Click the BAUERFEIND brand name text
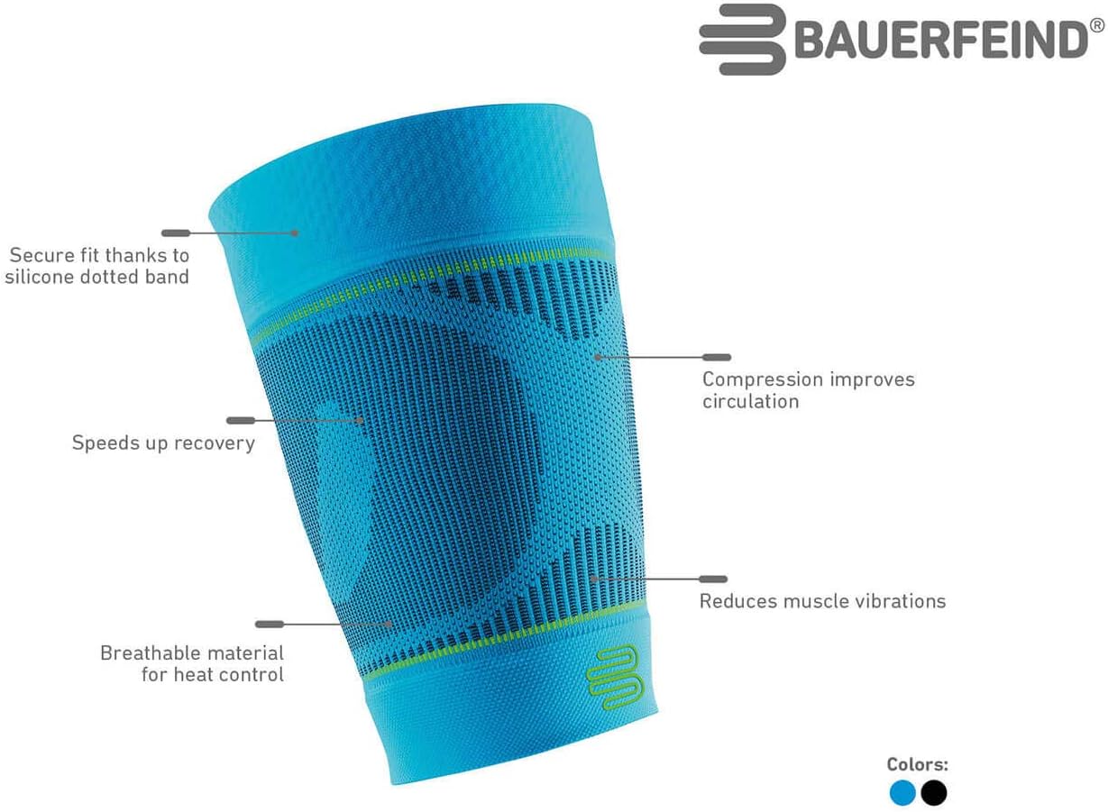pyautogui.click(x=941, y=41)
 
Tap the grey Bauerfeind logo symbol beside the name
pyautogui.click(x=742, y=40)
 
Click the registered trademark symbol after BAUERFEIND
pyautogui.click(x=1097, y=26)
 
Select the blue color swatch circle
pyautogui.click(x=902, y=793)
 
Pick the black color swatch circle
pyautogui.click(x=934, y=793)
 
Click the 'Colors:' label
pyautogui.click(x=918, y=765)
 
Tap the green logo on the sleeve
pyautogui.click(x=612, y=671)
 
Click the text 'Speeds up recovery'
pyautogui.click(x=163, y=443)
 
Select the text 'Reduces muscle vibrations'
pyautogui.click(x=822, y=601)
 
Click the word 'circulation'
pyautogui.click(x=750, y=402)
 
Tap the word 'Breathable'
pyautogui.click(x=146, y=652)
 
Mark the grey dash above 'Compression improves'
pyautogui.click(x=717, y=358)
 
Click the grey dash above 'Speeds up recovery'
pyautogui.click(x=241, y=420)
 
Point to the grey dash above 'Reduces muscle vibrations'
pyautogui.click(x=713, y=579)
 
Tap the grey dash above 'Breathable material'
pyautogui.click(x=270, y=624)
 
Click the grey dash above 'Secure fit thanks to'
pyautogui.click(x=176, y=233)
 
